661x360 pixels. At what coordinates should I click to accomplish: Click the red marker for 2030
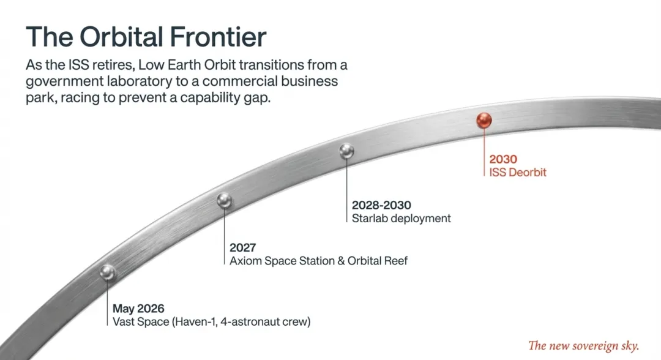[x=484, y=121]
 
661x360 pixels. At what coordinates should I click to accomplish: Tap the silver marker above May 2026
[x=108, y=272]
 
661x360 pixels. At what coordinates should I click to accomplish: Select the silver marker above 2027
[x=224, y=200]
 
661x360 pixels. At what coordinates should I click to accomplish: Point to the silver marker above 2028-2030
[x=346, y=151]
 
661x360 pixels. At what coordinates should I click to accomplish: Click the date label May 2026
[x=138, y=309]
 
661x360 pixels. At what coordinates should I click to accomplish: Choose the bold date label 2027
[x=243, y=247]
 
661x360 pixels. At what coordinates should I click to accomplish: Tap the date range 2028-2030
[x=381, y=205]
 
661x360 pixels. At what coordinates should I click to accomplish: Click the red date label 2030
[x=503, y=159]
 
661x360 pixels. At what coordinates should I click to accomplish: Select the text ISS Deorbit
[x=518, y=173]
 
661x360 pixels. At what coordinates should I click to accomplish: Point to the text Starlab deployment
[x=401, y=219]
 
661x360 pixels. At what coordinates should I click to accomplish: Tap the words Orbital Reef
[x=377, y=261]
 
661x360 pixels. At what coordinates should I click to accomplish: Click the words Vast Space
[x=141, y=321]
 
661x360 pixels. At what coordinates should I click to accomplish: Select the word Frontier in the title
[x=218, y=37]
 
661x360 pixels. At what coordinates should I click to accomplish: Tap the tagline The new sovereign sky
[x=584, y=346]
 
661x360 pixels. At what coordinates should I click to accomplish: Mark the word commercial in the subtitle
[x=239, y=81]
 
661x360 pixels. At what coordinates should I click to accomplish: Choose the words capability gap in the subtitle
[x=225, y=98]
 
